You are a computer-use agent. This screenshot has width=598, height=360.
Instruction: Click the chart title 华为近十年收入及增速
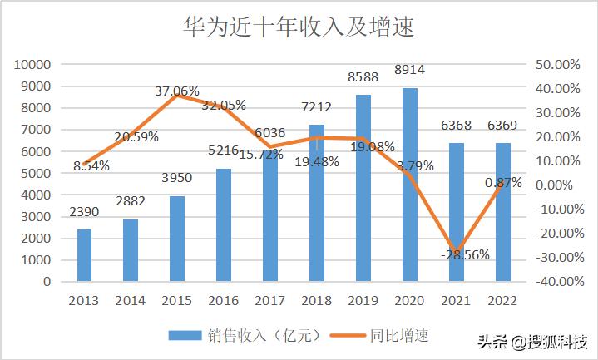point(299,27)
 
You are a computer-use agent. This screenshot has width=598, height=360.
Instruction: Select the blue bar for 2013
point(84,255)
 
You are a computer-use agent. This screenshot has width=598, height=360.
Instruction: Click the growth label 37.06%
point(177,91)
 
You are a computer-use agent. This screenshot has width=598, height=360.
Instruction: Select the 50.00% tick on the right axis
point(555,65)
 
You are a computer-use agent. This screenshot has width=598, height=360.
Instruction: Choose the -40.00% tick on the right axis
point(553,282)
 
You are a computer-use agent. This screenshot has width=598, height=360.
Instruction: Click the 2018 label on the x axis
point(317,299)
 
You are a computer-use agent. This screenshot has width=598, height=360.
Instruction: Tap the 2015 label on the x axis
point(177,299)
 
